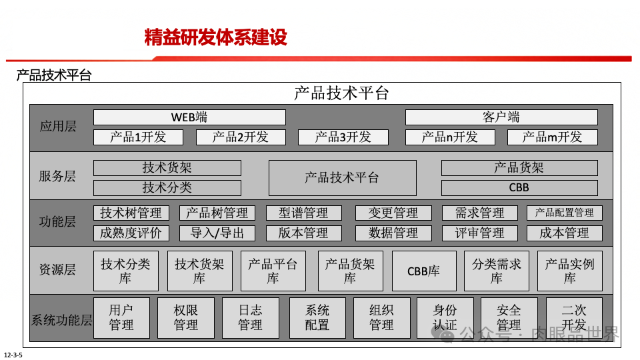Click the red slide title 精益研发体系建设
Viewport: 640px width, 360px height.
tap(215, 37)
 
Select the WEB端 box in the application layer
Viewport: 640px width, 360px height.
tap(189, 117)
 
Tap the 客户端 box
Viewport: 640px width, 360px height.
tap(501, 117)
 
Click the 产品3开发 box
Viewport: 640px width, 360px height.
tap(343, 137)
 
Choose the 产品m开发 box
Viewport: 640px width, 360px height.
tap(552, 137)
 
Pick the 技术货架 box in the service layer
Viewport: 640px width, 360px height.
tap(167, 168)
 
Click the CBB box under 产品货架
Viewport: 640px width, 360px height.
tap(519, 188)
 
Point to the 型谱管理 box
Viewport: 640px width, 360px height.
tap(304, 213)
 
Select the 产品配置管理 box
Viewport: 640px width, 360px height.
tap(564, 213)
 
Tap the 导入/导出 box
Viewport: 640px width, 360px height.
tap(217, 233)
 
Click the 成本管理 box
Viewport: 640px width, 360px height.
tap(564, 233)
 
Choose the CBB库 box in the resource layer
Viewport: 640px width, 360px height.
tap(424, 271)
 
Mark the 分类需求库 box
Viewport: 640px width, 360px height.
tap(497, 271)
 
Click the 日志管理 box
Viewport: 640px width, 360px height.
tap(251, 317)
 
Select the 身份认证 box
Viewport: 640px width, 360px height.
tap(445, 317)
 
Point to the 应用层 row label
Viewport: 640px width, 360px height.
tap(58, 127)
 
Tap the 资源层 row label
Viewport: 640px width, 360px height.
tap(58, 270)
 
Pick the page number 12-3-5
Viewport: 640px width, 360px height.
tap(13, 355)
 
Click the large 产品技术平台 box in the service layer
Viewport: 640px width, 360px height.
tap(342, 178)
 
